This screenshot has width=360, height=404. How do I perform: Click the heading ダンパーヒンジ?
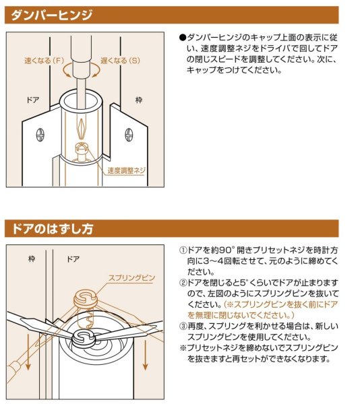click(49, 15)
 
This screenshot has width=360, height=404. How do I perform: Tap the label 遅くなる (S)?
click(120, 60)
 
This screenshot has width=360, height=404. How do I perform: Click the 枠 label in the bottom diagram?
click(32, 257)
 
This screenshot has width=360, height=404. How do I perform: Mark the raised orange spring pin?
click(87, 297)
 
